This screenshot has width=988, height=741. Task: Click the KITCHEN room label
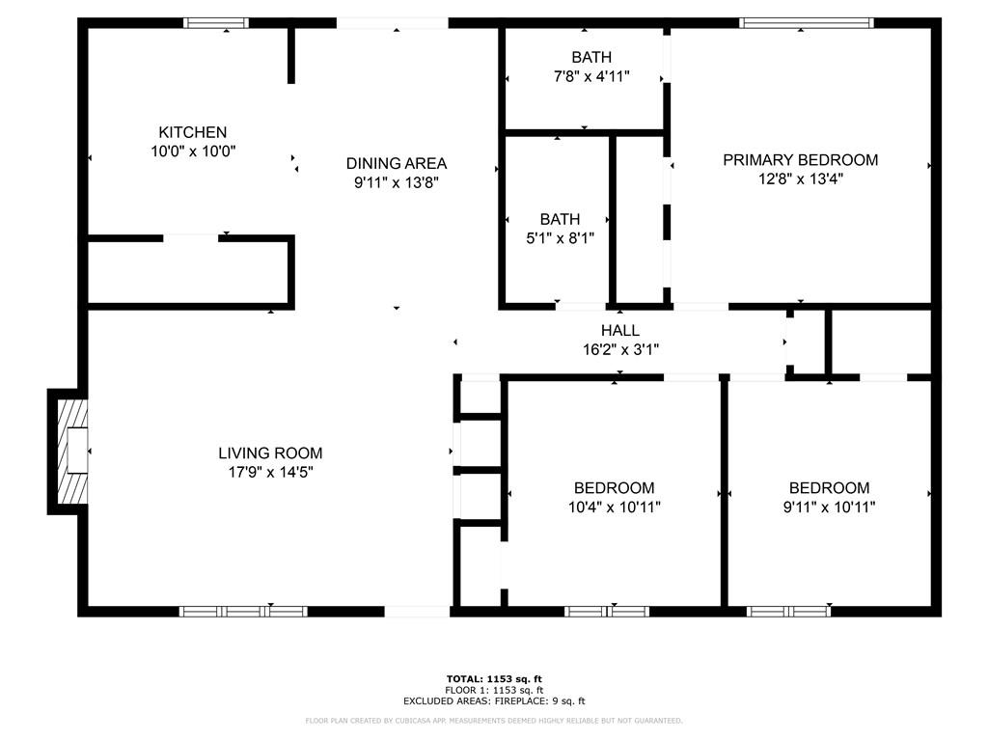[193, 132]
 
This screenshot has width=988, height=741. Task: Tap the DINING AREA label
[397, 163]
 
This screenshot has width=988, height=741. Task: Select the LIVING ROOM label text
[270, 453]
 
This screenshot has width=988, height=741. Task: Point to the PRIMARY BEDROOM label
[801, 160]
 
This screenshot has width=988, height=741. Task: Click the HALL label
[620, 331]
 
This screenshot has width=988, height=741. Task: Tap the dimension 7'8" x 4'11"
[590, 76]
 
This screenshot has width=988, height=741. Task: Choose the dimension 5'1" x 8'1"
[560, 237]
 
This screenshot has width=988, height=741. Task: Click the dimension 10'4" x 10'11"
[615, 507]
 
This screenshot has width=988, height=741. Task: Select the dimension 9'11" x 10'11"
[829, 507]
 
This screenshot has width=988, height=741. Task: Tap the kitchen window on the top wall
[216, 22]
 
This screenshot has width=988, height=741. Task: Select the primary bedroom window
[806, 22]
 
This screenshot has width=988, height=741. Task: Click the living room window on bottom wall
[243, 611]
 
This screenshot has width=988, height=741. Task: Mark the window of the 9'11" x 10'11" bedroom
[789, 611]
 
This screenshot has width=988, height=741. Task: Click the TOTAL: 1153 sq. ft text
[494, 679]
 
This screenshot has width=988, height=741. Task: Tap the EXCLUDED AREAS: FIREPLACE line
[494, 701]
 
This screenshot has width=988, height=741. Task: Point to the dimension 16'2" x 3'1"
[620, 349]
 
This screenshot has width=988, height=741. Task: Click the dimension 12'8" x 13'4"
[801, 178]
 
